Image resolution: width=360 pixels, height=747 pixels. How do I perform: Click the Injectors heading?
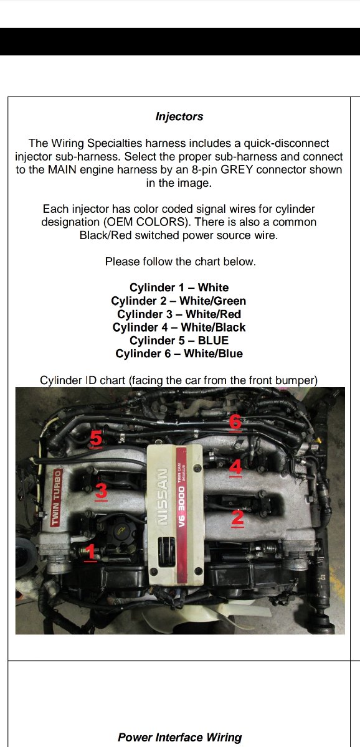(x=179, y=117)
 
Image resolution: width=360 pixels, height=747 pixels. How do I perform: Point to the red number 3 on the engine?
(x=101, y=491)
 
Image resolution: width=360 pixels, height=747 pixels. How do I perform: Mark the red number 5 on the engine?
(x=96, y=438)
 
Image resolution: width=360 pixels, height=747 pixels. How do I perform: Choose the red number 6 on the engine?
(x=235, y=422)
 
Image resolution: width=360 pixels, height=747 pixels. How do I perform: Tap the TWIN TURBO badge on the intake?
(x=57, y=497)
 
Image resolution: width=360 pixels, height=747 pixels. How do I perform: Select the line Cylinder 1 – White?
(x=179, y=288)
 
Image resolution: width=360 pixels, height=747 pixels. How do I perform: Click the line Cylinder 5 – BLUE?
(x=179, y=341)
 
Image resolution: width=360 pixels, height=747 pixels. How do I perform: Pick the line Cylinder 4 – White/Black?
(x=179, y=327)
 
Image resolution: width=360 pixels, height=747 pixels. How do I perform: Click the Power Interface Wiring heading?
(x=180, y=737)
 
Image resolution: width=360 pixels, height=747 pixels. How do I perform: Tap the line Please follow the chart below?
(x=181, y=261)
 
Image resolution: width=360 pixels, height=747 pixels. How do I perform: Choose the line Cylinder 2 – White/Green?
(x=179, y=301)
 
